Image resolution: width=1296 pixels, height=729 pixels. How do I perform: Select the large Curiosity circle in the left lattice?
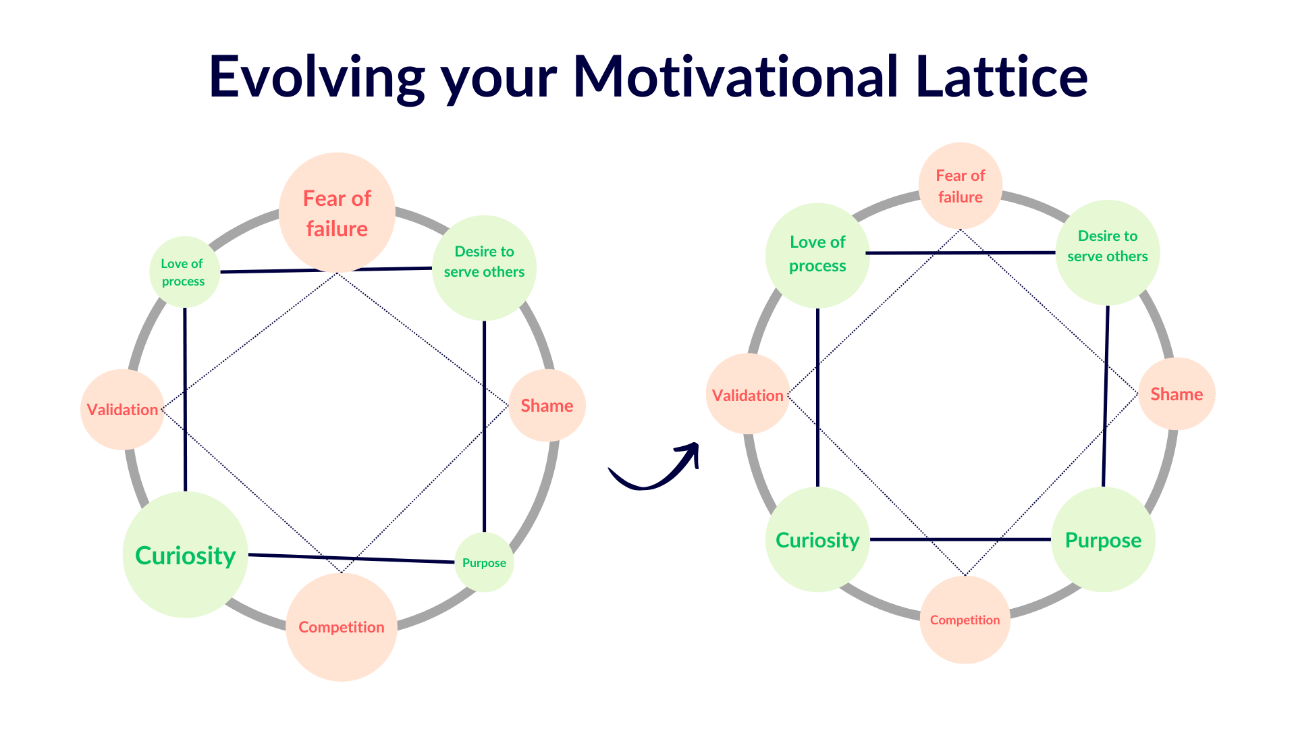coord(185,555)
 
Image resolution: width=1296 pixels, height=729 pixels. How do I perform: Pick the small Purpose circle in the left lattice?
coord(484,562)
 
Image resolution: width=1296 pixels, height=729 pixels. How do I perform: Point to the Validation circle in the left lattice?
coord(122,410)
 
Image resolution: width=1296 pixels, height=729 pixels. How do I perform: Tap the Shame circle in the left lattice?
coord(547,406)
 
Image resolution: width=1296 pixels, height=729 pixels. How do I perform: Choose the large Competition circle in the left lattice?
coord(342,627)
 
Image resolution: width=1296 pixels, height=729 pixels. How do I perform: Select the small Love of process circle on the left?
coord(184,272)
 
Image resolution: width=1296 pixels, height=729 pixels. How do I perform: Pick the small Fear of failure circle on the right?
coord(960,186)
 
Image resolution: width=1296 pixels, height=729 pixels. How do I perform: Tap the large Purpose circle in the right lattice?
coord(1103,540)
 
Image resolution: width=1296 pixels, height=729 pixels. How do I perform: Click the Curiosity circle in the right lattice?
coord(817,540)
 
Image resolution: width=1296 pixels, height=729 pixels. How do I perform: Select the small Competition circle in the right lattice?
coord(965,620)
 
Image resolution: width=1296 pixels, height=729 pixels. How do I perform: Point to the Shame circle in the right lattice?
coord(1177,394)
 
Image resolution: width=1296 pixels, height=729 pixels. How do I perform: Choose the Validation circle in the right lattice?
coord(748,395)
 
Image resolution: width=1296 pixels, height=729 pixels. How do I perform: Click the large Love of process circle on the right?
coord(817,254)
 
